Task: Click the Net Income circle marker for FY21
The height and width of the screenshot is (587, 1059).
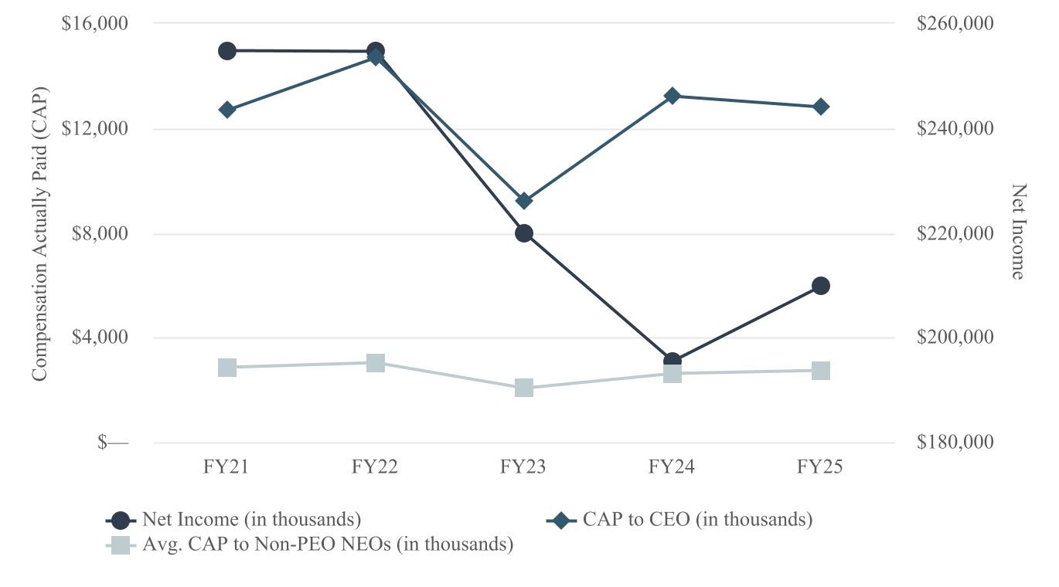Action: pos(226,51)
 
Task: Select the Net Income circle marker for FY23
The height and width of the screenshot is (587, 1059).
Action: pos(524,233)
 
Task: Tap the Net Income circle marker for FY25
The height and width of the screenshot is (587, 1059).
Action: pos(821,286)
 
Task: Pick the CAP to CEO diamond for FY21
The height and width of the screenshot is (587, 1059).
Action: pos(226,110)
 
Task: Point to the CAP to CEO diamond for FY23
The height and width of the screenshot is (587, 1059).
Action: pos(524,201)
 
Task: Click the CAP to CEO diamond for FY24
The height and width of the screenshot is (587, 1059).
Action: pos(673,96)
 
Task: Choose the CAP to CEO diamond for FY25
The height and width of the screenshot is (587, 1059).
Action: pos(821,107)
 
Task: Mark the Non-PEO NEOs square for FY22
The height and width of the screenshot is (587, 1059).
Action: pos(376,363)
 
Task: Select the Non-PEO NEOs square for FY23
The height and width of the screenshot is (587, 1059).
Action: pos(524,388)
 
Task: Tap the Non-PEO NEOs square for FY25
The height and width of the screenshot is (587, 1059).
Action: pos(821,371)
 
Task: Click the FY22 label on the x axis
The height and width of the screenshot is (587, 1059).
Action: pos(375,467)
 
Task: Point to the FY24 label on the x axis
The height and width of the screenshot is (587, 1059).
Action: pos(672,467)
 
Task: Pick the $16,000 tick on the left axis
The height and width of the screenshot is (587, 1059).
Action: pos(94,23)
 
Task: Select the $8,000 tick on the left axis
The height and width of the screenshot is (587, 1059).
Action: pos(97,233)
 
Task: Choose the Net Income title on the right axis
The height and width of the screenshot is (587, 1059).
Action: pos(1019,232)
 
